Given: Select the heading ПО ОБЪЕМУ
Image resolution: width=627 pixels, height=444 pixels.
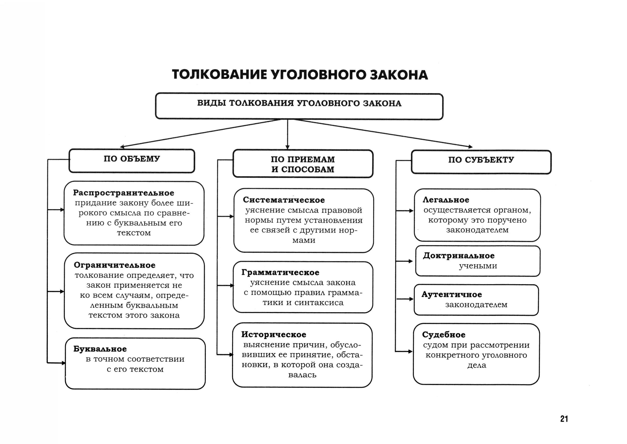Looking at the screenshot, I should coord(132,159).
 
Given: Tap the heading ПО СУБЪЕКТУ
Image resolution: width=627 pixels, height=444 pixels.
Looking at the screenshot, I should coord(481,160).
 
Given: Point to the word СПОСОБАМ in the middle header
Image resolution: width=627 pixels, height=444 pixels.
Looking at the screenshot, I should coord(308,169).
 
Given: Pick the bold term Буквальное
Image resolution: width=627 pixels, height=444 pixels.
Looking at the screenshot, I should coord(100,349).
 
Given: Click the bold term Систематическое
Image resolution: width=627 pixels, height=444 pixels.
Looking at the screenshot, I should coord(284,200).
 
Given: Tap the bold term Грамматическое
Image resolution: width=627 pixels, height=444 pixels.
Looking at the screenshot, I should coord(280,272).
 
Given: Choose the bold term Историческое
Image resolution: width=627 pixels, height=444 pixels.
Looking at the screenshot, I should coord(274,334).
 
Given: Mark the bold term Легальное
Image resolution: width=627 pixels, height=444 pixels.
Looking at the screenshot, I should coord(446,200).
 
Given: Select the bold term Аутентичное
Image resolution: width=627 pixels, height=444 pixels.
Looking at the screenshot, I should coord(452,295).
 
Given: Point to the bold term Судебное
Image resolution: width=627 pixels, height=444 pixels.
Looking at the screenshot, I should coord(444,335).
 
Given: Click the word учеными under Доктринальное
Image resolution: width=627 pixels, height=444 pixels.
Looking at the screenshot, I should coord(478,266).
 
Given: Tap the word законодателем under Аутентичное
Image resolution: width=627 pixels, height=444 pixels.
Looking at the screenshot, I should coord(476,305).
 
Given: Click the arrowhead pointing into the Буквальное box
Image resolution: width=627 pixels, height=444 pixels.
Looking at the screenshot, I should coord(64,363).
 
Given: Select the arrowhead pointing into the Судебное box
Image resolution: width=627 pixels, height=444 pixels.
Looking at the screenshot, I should coord(410,351).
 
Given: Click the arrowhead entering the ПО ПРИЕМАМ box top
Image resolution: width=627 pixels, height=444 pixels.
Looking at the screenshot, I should coord(287,148).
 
